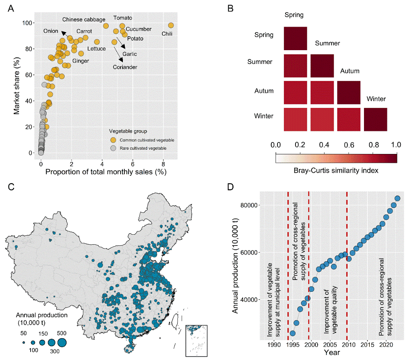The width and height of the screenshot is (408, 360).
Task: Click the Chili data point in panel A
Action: click(171, 25)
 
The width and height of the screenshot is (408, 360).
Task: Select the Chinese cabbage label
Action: click(83, 19)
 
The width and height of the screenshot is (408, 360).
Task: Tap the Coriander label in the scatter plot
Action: click(125, 67)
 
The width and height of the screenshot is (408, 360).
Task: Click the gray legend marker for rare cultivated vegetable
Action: click(113, 147)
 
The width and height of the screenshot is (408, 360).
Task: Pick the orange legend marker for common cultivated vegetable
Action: click(113, 140)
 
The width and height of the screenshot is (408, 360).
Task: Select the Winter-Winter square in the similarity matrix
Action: click(375, 119)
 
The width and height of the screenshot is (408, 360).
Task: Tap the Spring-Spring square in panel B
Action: click(295, 38)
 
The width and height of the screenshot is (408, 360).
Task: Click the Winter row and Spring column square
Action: click(295, 119)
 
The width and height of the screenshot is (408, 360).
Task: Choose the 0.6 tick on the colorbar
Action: click(348, 145)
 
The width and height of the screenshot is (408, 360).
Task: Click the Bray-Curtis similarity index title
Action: click(336, 170)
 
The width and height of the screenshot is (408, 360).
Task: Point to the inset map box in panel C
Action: click(196, 340)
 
